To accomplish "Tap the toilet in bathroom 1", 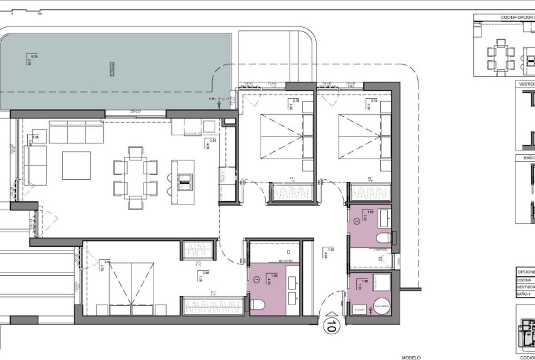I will point(257,305).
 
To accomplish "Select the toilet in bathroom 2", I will point(380,237).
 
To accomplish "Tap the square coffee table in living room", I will point(76,166).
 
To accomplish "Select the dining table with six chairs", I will point(135,177).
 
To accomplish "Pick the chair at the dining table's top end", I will point(135,152).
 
